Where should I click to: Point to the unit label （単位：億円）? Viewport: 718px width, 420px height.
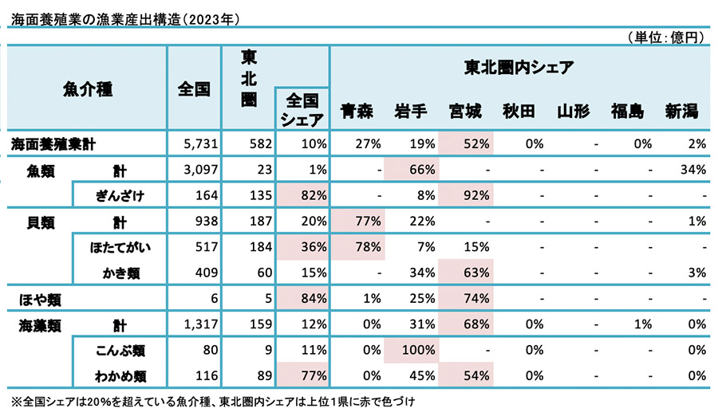(x=665, y=37)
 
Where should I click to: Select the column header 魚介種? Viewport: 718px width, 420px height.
(x=87, y=89)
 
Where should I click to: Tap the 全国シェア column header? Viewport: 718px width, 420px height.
(x=302, y=110)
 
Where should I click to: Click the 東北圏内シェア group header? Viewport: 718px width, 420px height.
(x=519, y=68)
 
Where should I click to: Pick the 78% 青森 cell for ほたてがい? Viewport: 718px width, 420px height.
(x=358, y=247)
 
